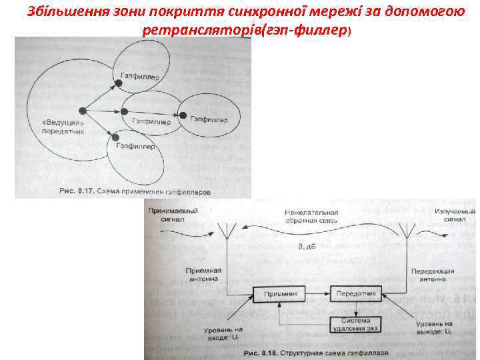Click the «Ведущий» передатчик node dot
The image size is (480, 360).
pyautogui.click(x=82, y=110)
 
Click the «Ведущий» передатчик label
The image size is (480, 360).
pyautogui.click(x=65, y=127)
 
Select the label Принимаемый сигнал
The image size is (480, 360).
pyautogui.click(x=169, y=215)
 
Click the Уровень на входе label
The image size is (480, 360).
pyautogui.click(x=224, y=333)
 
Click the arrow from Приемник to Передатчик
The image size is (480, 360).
pyautogui.click(x=317, y=293)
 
